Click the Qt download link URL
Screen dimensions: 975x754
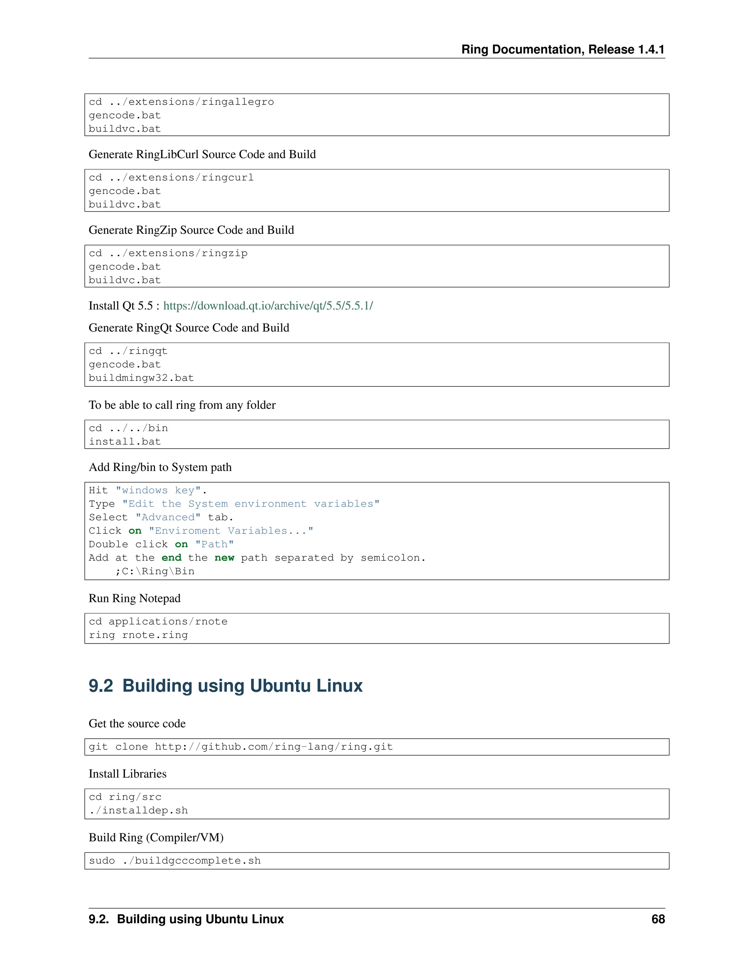coord(268,306)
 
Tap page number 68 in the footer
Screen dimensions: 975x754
coord(658,919)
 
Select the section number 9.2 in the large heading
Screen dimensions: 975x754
coord(101,686)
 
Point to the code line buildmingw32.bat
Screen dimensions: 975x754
coord(141,378)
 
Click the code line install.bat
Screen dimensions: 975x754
coord(125,442)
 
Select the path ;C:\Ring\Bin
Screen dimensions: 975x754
coord(155,571)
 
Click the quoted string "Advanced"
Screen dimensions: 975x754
coord(168,517)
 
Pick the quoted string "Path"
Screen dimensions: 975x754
coord(214,544)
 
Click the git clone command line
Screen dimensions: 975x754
coord(241,747)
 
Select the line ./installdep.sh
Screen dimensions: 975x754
coord(138,810)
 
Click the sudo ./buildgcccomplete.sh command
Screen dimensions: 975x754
coord(175,861)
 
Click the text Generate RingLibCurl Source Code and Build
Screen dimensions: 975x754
coord(202,155)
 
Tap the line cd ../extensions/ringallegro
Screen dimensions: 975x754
coord(182,102)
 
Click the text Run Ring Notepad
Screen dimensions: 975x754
coord(134,598)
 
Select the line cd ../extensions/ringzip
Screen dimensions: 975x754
coord(168,253)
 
